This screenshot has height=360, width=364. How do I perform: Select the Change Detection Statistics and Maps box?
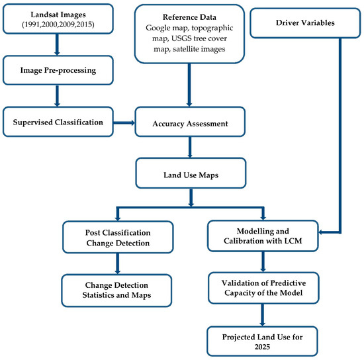(x=117, y=289)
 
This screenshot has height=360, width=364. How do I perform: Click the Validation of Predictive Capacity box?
(x=263, y=289)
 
